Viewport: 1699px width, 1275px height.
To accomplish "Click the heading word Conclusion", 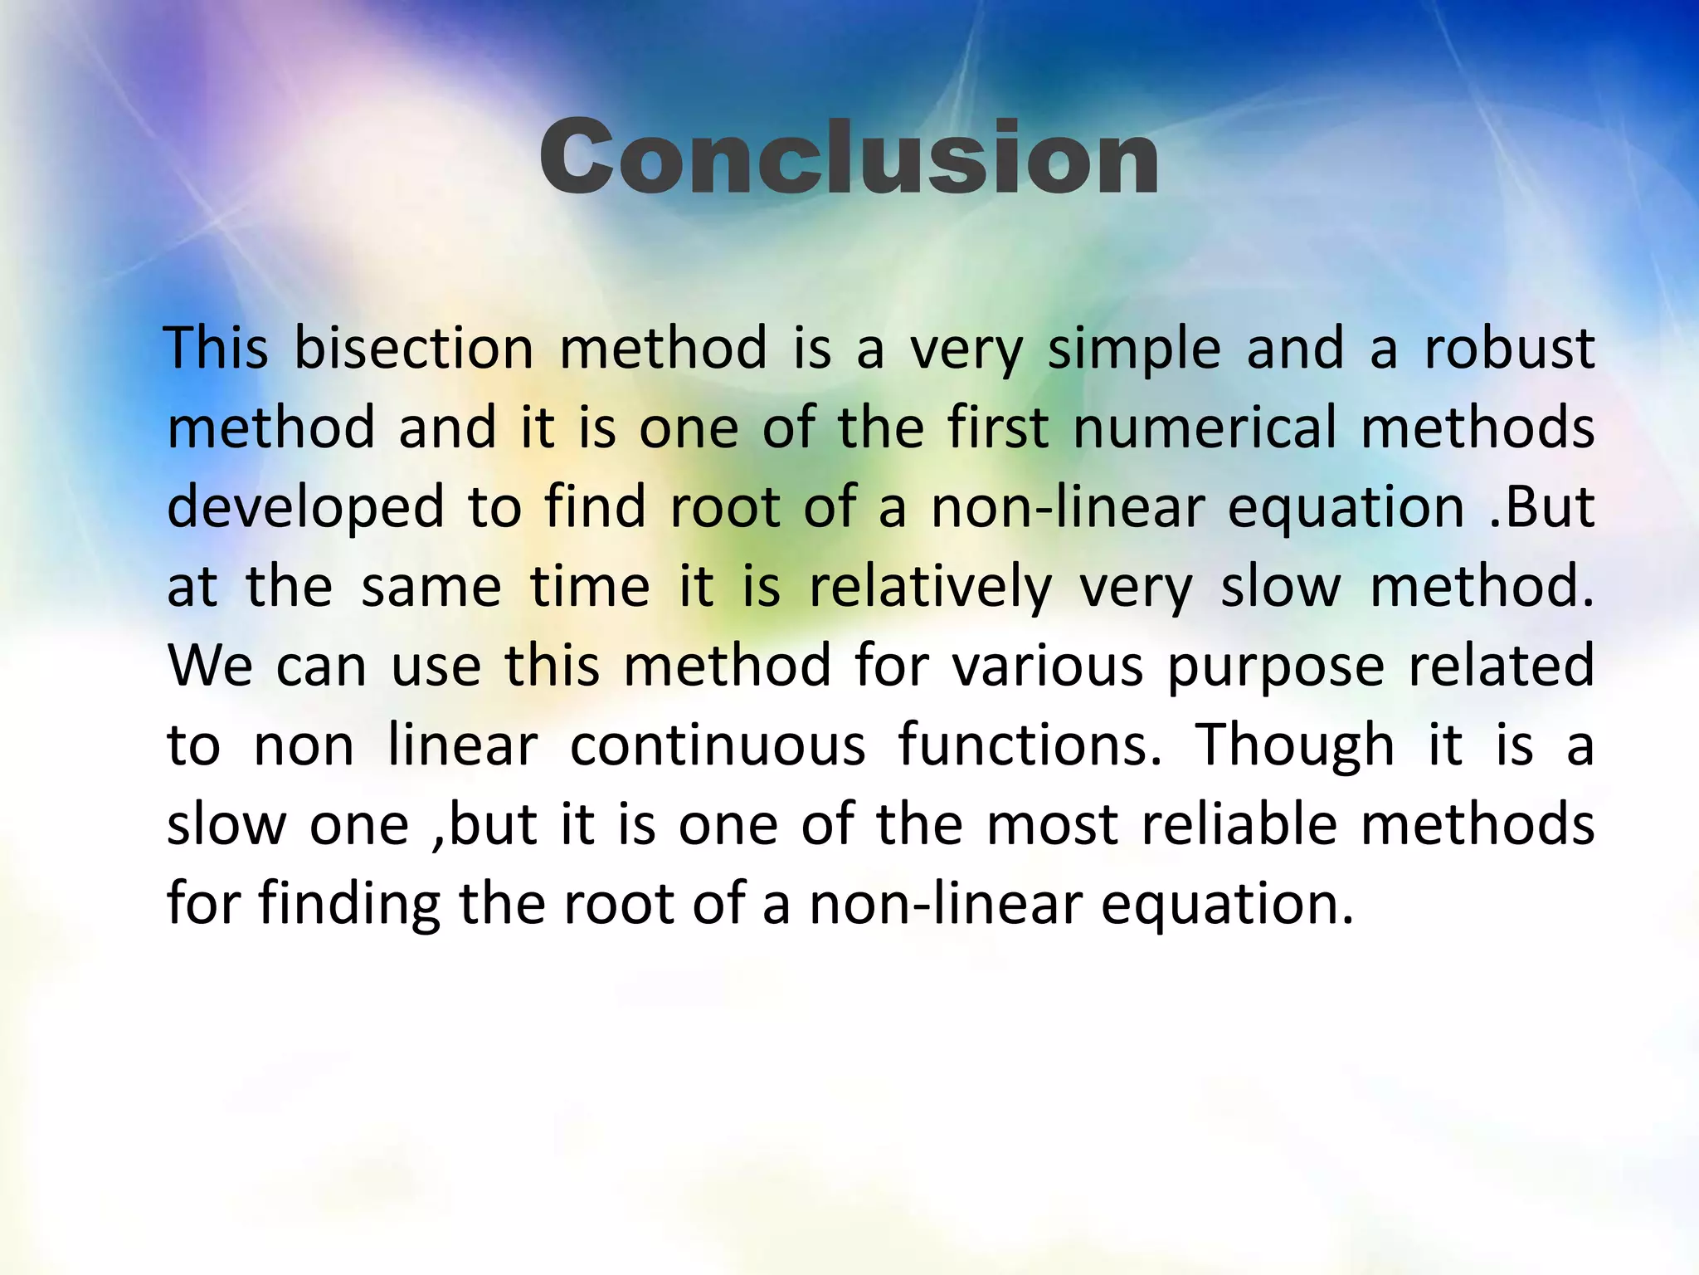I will point(849,158).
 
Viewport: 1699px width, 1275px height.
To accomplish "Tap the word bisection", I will point(414,349).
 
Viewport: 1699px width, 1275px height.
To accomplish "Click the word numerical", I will point(1205,428).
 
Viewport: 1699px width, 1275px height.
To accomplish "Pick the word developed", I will point(305,508).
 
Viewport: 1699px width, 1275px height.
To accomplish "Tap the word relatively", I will point(930,588).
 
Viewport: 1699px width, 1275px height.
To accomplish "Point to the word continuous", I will point(718,745).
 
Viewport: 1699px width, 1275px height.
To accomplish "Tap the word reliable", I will point(1239,825).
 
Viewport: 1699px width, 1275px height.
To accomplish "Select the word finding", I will point(349,905).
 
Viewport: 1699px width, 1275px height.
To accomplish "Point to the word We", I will point(210,667).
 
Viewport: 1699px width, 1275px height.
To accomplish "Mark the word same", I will point(431,588).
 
